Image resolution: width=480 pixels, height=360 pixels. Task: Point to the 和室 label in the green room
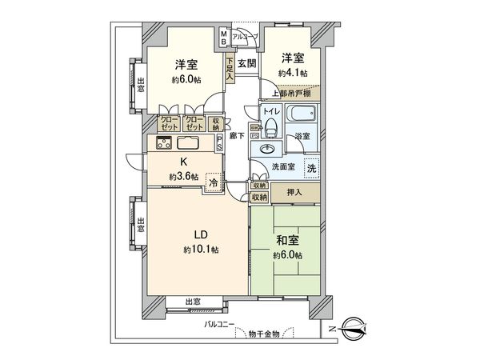coord(286,241)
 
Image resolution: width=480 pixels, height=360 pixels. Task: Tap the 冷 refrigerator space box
coord(214,182)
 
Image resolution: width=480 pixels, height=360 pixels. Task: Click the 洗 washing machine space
coord(311,168)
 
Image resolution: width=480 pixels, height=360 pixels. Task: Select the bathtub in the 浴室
coord(302,115)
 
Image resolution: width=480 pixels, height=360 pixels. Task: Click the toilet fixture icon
coord(270,127)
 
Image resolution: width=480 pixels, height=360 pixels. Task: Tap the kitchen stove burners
coord(164,144)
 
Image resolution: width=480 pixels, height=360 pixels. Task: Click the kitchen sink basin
coord(189,144)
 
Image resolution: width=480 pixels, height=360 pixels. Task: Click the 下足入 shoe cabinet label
coord(230,64)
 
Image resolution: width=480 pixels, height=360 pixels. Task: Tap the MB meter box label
coord(223,37)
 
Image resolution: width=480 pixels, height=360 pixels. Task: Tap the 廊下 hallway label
coord(237,137)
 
